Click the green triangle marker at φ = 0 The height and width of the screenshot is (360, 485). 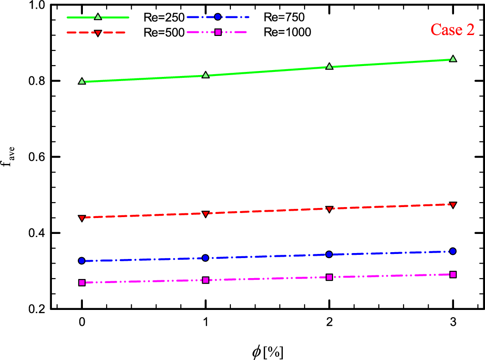tap(82, 81)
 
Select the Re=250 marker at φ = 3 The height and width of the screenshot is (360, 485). tap(453, 59)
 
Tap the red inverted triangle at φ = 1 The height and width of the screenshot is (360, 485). tap(205, 214)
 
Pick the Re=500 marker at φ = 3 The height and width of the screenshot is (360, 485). tap(453, 205)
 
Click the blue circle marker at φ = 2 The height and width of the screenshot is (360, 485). tap(329, 254)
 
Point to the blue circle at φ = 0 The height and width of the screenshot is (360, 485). tap(82, 261)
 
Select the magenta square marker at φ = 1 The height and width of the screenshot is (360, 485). tap(205, 280)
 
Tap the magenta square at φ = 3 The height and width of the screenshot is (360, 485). tap(453, 274)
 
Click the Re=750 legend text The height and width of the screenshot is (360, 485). tap(284, 18)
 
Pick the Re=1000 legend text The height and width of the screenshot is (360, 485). tap(287, 33)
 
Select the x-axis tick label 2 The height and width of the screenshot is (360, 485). tap(329, 321)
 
